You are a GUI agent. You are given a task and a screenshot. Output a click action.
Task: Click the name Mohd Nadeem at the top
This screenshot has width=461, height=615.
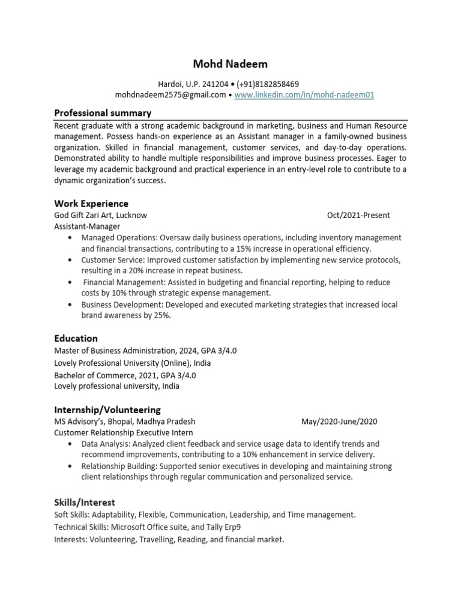pyautogui.click(x=230, y=64)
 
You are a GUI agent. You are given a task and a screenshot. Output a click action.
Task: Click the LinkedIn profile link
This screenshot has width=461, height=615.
pyautogui.click(x=306, y=95)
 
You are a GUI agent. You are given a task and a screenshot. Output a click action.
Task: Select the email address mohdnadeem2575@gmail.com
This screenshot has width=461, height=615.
pyautogui.click(x=170, y=95)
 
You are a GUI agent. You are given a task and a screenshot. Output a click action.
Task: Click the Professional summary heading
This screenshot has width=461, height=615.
pyautogui.click(x=103, y=113)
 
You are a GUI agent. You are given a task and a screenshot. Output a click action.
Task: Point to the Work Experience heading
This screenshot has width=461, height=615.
pyautogui.click(x=91, y=204)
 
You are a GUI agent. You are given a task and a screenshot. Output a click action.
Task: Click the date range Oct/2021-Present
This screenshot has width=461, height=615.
pyautogui.click(x=358, y=215)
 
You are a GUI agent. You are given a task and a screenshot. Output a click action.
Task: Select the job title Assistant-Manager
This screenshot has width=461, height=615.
pyautogui.click(x=87, y=226)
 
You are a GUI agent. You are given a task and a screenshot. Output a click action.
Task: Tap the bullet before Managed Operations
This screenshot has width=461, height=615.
pyautogui.click(x=71, y=238)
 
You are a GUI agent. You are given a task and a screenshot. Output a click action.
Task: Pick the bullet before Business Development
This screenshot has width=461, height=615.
pyautogui.click(x=71, y=305)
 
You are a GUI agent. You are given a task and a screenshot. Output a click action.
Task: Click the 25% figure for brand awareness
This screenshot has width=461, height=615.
pyautogui.click(x=161, y=316)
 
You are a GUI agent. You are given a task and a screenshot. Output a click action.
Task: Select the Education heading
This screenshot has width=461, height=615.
pyautogui.click(x=76, y=338)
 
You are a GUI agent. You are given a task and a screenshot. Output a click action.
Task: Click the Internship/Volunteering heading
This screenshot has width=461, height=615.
pyautogui.click(x=107, y=410)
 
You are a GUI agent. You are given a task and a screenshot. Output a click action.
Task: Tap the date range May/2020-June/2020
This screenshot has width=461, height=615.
pyautogui.click(x=339, y=422)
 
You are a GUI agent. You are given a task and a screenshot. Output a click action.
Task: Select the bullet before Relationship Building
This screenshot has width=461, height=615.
pyautogui.click(x=71, y=466)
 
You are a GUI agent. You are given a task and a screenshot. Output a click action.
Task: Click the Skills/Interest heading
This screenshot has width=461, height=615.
pyautogui.click(x=85, y=502)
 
